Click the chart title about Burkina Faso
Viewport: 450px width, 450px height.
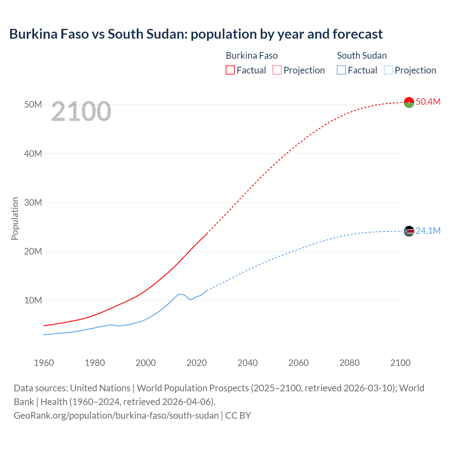click(196, 34)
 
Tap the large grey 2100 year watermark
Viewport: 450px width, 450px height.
click(81, 111)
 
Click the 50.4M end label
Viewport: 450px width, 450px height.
click(428, 102)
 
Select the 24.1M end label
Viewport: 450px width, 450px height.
click(428, 231)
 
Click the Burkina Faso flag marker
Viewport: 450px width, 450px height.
click(409, 102)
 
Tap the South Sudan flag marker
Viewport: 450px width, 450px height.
click(409, 231)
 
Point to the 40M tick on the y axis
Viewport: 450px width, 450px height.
click(33, 154)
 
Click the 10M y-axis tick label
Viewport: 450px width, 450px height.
click(33, 300)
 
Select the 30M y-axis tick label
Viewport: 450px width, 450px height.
click(33, 202)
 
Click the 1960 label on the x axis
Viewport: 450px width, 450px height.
click(44, 363)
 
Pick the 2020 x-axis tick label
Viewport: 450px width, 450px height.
click(197, 363)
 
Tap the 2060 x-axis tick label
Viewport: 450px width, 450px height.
click(298, 363)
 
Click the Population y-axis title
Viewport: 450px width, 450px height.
click(15, 218)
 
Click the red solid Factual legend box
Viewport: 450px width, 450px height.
click(230, 70)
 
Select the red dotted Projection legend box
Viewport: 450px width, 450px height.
click(277, 70)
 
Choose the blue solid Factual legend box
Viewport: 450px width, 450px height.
click(341, 70)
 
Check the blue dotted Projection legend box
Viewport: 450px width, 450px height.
click(388, 70)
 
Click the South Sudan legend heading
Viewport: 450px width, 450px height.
click(362, 56)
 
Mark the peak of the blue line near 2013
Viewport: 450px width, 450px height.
click(180, 294)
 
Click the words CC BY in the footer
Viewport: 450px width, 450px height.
click(238, 416)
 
